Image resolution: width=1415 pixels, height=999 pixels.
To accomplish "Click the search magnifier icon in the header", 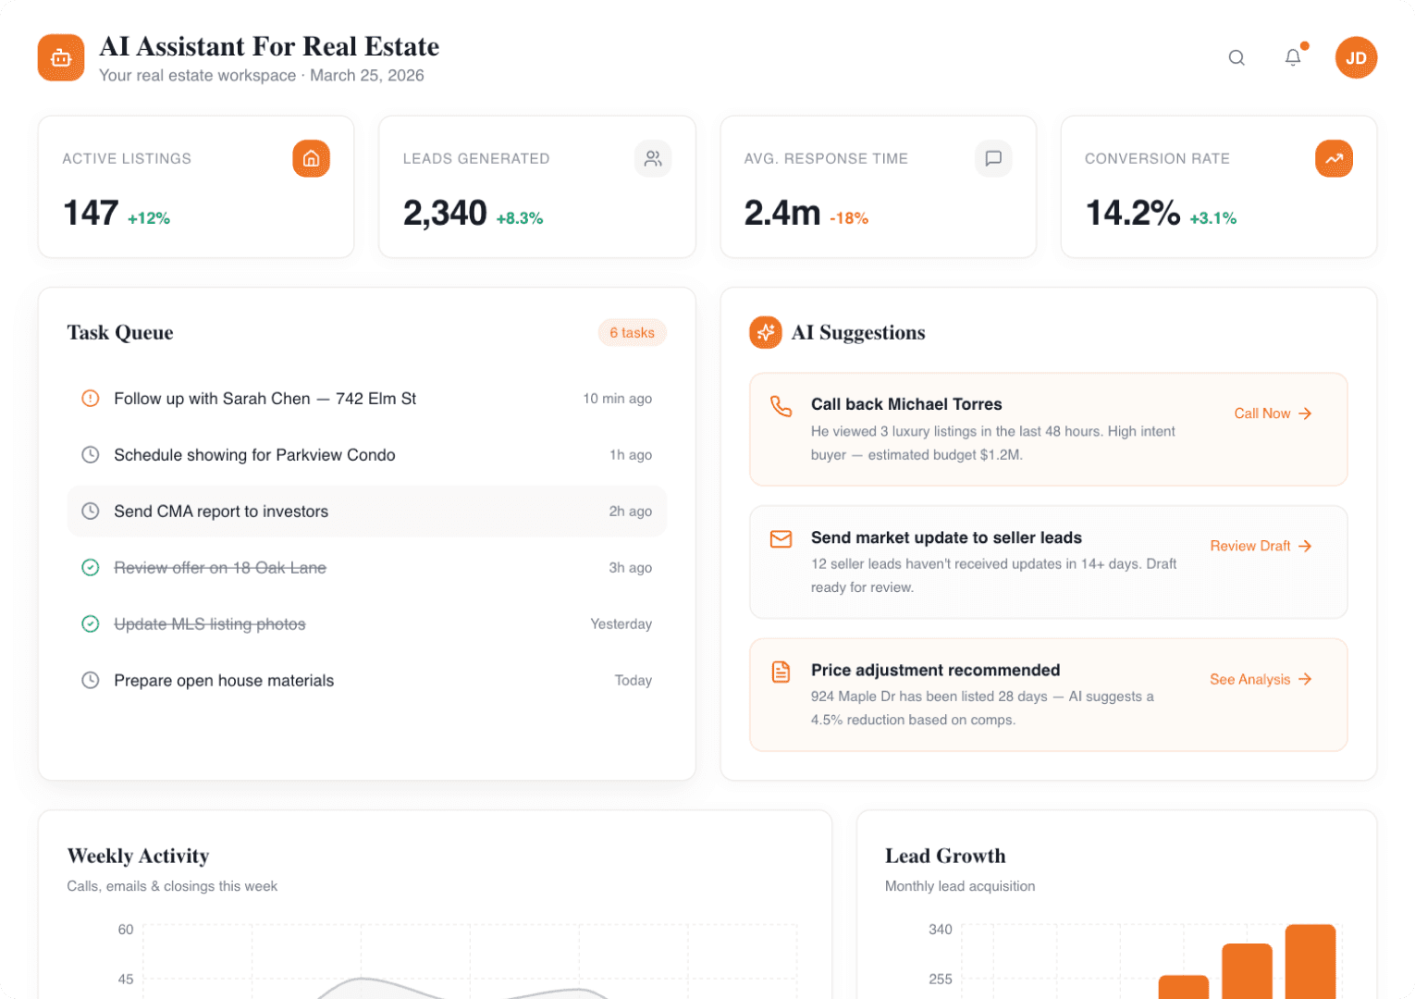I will [x=1237, y=57].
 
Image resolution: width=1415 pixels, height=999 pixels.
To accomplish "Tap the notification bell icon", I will [x=1293, y=57].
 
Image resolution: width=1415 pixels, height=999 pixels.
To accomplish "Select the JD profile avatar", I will [x=1356, y=57].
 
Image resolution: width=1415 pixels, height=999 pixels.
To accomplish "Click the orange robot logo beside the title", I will [x=61, y=57].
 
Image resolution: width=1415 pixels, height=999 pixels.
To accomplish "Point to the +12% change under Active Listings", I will [x=149, y=218].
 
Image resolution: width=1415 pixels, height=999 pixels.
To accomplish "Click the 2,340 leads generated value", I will [x=445, y=213].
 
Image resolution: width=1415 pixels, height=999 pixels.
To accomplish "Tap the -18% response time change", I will [x=849, y=218].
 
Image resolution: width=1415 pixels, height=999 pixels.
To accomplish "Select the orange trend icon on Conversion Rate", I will [x=1334, y=158].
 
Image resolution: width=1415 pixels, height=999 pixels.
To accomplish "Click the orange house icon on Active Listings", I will [x=311, y=158].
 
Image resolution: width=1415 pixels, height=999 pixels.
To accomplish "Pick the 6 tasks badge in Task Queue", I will [x=632, y=332].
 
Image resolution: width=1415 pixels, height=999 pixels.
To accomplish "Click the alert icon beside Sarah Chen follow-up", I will [x=90, y=399].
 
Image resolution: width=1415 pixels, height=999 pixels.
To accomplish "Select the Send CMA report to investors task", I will [x=221, y=512].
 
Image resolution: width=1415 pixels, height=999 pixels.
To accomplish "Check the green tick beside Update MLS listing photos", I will [x=90, y=624].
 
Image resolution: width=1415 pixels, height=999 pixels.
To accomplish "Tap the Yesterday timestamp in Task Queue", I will [x=621, y=624].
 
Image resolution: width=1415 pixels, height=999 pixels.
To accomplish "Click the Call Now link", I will [x=1273, y=413].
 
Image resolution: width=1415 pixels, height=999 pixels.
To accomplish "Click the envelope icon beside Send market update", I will [x=781, y=538].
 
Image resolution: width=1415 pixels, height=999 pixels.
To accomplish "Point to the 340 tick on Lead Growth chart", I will [x=940, y=930].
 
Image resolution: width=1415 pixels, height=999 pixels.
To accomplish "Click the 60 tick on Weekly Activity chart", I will [x=126, y=930].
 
